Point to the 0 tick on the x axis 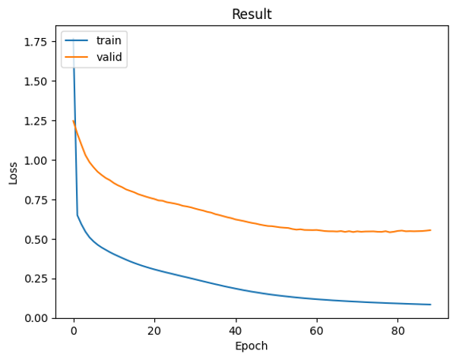74,330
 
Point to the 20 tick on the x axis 154,330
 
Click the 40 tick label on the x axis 236,330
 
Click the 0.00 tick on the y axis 40,318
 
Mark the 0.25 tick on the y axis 40,279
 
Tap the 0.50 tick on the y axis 40,239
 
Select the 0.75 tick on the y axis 40,200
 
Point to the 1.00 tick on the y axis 40,160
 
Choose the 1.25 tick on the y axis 40,121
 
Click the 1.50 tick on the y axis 40,81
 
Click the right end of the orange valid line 430,230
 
